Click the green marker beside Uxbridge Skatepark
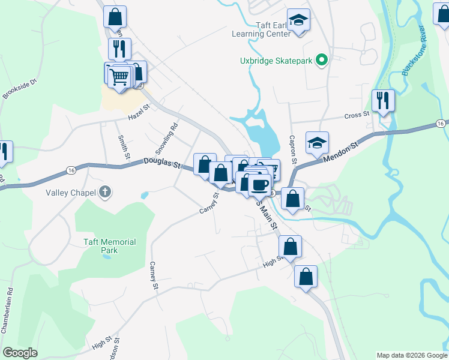click(x=322, y=59)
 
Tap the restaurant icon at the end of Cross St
click(x=382, y=101)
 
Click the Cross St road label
click(x=357, y=115)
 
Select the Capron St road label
click(x=293, y=149)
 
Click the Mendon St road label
click(x=340, y=152)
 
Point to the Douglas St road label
click(x=161, y=162)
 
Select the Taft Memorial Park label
click(x=109, y=246)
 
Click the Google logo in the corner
click(x=20, y=353)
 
